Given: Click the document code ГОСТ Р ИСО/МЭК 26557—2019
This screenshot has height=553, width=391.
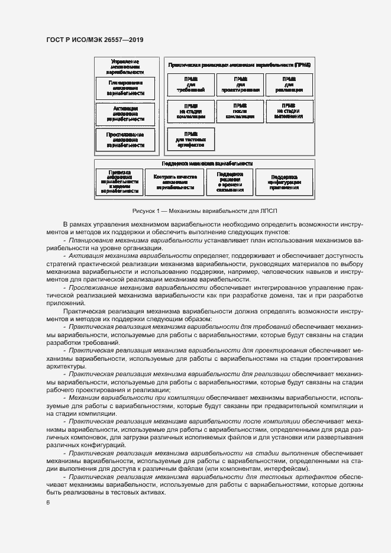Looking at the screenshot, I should pyautogui.click(x=95, y=40).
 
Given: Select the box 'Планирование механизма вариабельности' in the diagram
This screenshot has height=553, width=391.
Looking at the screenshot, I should pyautogui.click(x=125, y=88).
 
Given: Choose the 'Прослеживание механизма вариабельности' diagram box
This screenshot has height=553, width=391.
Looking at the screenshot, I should pyautogui.click(x=125, y=140).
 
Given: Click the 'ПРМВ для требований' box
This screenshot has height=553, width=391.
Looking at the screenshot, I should pyautogui.click(x=190, y=85).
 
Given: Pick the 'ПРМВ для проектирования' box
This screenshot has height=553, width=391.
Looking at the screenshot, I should pyautogui.click(x=240, y=85).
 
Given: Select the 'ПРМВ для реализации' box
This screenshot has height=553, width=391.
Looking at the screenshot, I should pyautogui.click(x=289, y=85).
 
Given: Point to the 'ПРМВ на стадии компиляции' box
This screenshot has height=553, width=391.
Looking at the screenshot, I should pyautogui.click(x=190, y=111).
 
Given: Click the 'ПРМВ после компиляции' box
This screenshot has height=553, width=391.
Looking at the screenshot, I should pyautogui.click(x=240, y=111).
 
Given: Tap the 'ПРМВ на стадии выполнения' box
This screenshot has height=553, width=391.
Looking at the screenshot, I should pyautogui.click(x=289, y=111).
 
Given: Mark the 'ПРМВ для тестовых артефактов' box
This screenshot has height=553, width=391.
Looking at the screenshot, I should pyautogui.click(x=190, y=139).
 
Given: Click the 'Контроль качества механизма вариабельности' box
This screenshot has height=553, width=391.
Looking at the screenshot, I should pyautogui.click(x=175, y=182).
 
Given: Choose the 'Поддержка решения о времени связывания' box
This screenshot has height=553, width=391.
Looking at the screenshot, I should pyautogui.click(x=230, y=182).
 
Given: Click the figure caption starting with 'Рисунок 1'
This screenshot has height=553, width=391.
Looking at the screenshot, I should pyautogui.click(x=205, y=211).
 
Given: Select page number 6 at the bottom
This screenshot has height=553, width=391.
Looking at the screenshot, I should pyautogui.click(x=48, y=503).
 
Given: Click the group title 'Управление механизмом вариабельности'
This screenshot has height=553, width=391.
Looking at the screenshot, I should pyautogui.click(x=125, y=66).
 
